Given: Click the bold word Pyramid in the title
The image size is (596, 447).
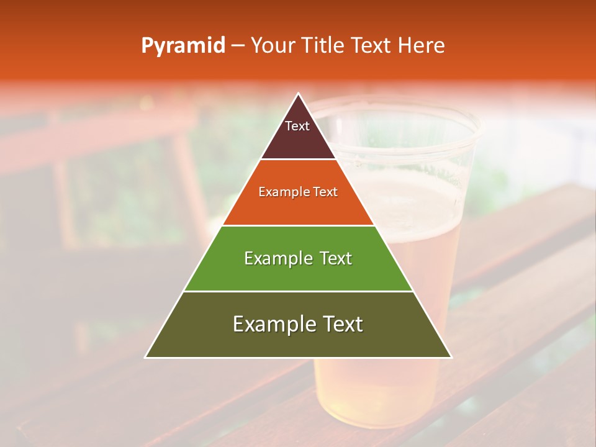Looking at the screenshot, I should tap(183, 45).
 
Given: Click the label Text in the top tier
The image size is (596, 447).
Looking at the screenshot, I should tap(297, 126).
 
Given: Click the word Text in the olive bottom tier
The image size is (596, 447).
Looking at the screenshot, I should tap(340, 324).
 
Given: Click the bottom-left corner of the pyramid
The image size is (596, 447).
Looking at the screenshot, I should tap(147, 356).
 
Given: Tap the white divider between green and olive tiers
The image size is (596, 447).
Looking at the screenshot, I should tap(298, 291).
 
